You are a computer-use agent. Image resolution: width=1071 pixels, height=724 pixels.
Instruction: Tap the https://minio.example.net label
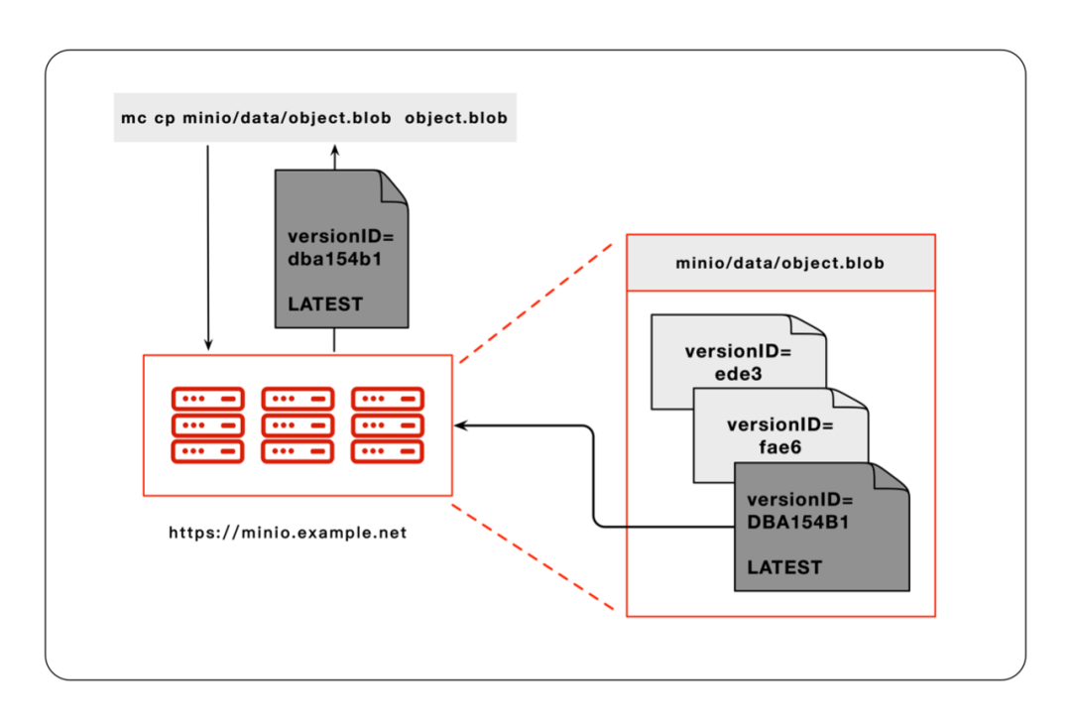288,533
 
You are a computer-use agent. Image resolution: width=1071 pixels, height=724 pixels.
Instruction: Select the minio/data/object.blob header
779,264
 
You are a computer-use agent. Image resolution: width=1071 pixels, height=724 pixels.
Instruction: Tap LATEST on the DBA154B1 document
784,567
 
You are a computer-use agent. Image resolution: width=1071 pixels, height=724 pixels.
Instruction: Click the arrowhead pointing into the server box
462,425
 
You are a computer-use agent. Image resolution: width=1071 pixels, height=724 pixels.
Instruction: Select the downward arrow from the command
208,248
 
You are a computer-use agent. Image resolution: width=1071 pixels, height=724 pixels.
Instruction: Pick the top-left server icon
207,399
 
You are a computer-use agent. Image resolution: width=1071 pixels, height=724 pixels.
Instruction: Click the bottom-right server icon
388,451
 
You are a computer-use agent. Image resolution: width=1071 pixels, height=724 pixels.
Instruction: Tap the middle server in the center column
297,425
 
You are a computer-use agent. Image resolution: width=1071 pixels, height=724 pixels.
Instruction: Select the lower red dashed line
539,556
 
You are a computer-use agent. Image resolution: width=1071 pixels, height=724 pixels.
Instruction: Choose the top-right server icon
388,399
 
